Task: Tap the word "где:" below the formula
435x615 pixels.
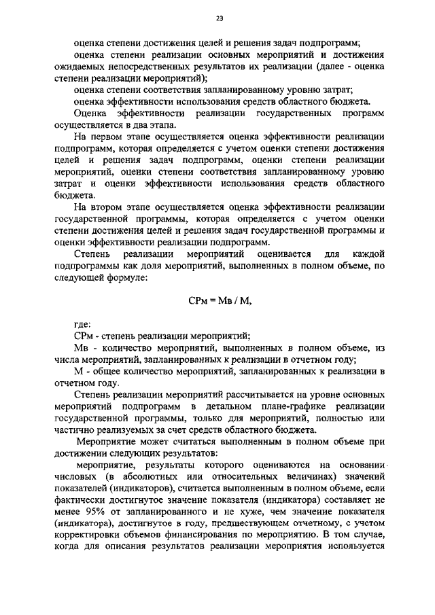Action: tap(82, 324)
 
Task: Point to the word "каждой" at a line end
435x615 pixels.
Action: tap(370, 253)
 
